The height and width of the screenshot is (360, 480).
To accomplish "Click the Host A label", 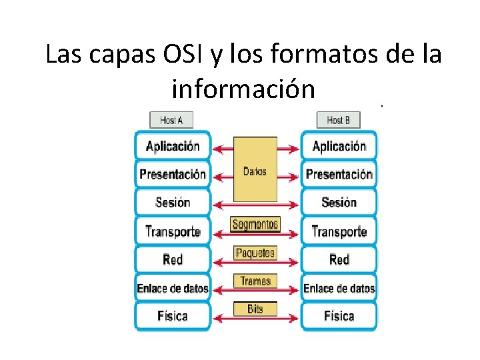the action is pyautogui.click(x=171, y=120).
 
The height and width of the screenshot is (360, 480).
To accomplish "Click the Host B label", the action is pyautogui.click(x=339, y=120).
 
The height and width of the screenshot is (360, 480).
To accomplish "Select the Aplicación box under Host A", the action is pyautogui.click(x=173, y=146).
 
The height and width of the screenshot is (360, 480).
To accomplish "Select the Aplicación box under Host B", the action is pyautogui.click(x=339, y=146).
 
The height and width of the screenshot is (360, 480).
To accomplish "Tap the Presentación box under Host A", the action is pyautogui.click(x=173, y=174).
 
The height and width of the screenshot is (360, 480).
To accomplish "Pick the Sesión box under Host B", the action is pyautogui.click(x=339, y=203).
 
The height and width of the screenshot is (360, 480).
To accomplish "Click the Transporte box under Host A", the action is pyautogui.click(x=173, y=231).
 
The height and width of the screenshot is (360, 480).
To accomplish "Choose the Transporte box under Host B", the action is pyautogui.click(x=339, y=231).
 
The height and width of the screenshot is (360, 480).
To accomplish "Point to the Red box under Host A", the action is pyautogui.click(x=173, y=259).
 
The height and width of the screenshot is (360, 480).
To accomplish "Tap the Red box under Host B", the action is pyautogui.click(x=339, y=259).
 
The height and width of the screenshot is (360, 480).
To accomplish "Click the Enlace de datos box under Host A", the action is pyautogui.click(x=173, y=288).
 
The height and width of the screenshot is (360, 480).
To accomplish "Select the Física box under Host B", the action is pyautogui.click(x=339, y=316).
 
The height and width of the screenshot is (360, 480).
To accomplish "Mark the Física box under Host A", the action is pyautogui.click(x=173, y=316).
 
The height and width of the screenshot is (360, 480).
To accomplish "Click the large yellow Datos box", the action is pyautogui.click(x=255, y=170).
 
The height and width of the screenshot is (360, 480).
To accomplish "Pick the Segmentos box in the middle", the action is pyautogui.click(x=255, y=225).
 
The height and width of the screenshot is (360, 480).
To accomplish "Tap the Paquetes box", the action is pyautogui.click(x=255, y=253).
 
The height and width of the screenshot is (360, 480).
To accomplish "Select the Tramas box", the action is pyautogui.click(x=255, y=281).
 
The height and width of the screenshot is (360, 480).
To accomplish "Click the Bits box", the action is pyautogui.click(x=255, y=309).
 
